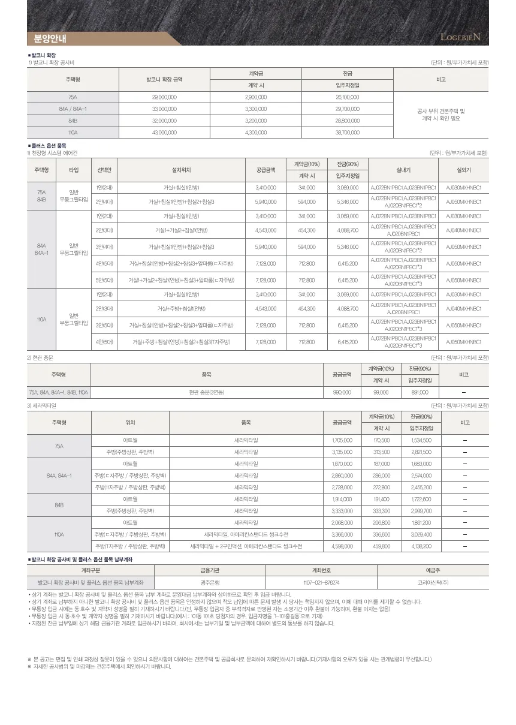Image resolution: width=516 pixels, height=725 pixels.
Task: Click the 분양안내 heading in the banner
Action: (50, 40)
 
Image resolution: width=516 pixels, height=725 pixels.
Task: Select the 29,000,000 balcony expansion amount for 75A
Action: (164, 97)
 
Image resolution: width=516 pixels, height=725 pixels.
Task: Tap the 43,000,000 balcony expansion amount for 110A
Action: (164, 133)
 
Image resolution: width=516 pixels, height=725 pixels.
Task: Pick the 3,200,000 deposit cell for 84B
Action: (256, 121)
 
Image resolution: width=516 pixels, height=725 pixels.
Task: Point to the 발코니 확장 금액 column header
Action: (164, 79)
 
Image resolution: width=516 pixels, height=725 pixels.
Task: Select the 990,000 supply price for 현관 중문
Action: (342, 393)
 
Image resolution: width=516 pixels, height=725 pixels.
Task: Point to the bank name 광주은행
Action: (210, 582)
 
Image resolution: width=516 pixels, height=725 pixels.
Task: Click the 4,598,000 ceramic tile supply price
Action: (342, 546)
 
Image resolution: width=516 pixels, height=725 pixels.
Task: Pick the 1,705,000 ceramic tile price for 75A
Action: (342, 440)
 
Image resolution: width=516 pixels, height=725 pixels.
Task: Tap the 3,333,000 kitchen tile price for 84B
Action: (342, 511)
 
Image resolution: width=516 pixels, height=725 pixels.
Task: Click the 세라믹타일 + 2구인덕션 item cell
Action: (246, 546)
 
